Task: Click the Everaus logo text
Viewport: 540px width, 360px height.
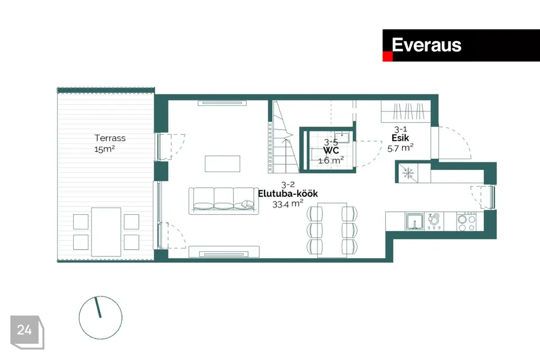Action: tap(426, 45)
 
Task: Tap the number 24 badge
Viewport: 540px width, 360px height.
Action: tap(24, 330)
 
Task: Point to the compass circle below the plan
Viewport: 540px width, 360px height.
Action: tap(101, 318)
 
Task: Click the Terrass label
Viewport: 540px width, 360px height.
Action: tap(110, 138)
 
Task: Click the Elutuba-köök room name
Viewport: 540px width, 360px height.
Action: tap(288, 193)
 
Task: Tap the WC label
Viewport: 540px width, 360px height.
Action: tap(330, 151)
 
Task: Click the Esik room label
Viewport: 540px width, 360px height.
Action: tap(400, 137)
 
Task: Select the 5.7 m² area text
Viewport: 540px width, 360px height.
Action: tap(400, 147)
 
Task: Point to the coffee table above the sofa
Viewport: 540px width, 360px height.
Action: tap(223, 164)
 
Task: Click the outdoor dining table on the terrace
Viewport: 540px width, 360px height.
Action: tap(106, 231)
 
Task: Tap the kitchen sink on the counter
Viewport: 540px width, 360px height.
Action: tap(415, 221)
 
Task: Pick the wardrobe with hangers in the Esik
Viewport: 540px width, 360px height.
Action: tap(405, 111)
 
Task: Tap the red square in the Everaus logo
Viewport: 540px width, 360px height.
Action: tap(387, 57)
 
